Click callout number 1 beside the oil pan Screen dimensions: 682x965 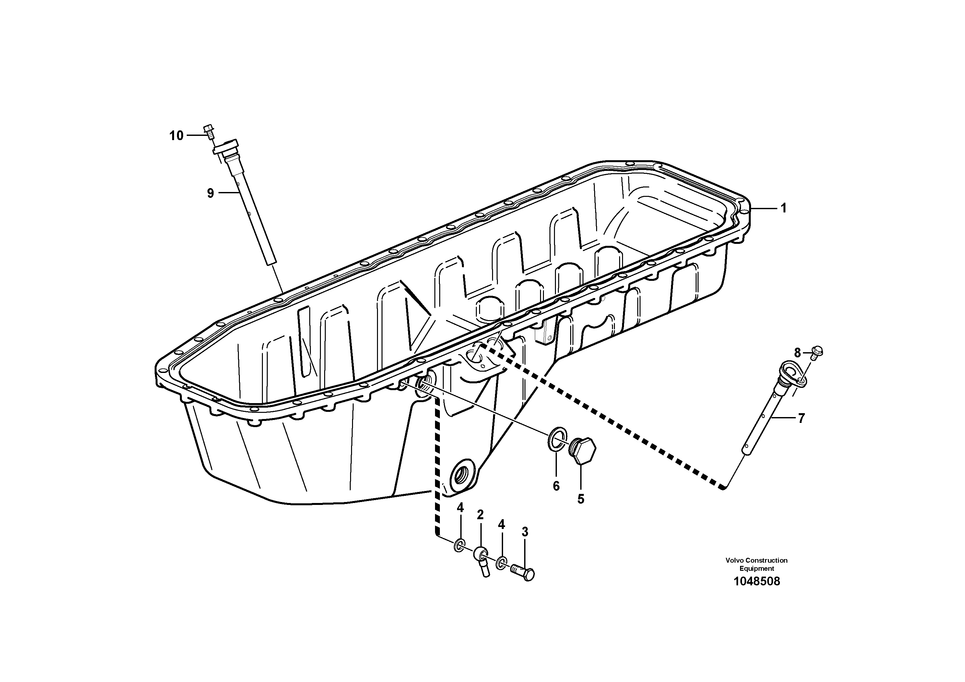(783, 208)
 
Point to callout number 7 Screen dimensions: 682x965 (801, 418)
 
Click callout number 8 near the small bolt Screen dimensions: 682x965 (797, 353)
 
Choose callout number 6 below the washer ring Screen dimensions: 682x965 (556, 486)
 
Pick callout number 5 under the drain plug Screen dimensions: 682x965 (581, 499)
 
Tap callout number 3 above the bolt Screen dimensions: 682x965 (524, 532)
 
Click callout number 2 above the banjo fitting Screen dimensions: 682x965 (480, 515)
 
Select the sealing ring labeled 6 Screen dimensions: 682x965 (557, 439)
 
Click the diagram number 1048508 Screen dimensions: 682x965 (757, 581)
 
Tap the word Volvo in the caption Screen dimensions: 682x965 (734, 560)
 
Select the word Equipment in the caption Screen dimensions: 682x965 (757, 568)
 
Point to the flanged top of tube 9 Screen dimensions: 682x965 (227, 147)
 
